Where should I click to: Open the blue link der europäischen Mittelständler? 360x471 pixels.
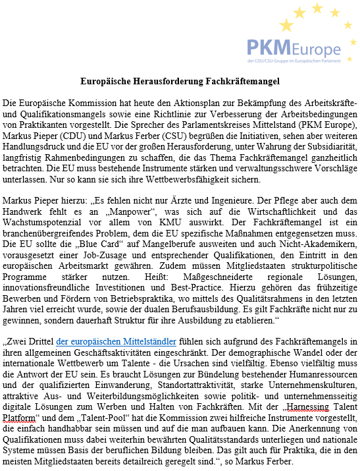pos(116,341)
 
